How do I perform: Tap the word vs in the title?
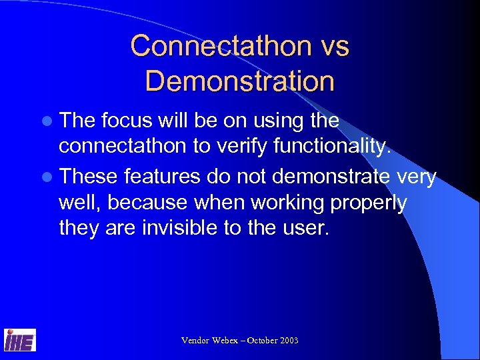tap(333, 47)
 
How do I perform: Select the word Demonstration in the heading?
tap(239, 81)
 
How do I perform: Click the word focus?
tap(129, 121)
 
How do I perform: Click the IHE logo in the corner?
tap(20, 339)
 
